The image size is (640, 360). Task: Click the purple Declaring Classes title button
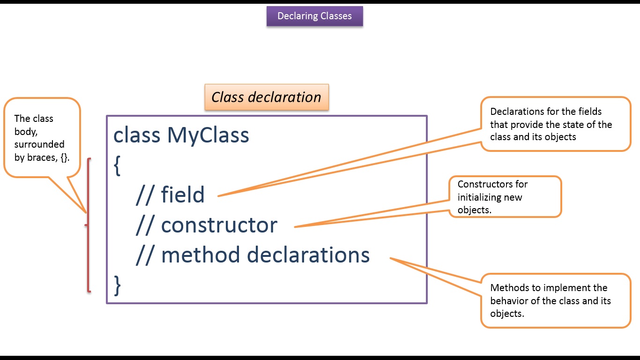pyautogui.click(x=314, y=16)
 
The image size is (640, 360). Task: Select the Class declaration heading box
pyautogui.click(x=267, y=97)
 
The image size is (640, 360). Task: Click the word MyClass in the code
pyautogui.click(x=208, y=135)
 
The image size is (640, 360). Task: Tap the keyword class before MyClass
pyautogui.click(x=136, y=135)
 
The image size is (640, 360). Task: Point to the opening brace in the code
pyautogui.click(x=117, y=166)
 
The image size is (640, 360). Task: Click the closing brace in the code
pyautogui.click(x=118, y=285)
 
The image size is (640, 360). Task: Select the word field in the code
pyautogui.click(x=183, y=195)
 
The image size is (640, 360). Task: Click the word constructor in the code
pyautogui.click(x=219, y=225)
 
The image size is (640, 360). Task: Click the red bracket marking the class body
pyautogui.click(x=88, y=225)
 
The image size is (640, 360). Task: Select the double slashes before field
pyautogui.click(x=144, y=195)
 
